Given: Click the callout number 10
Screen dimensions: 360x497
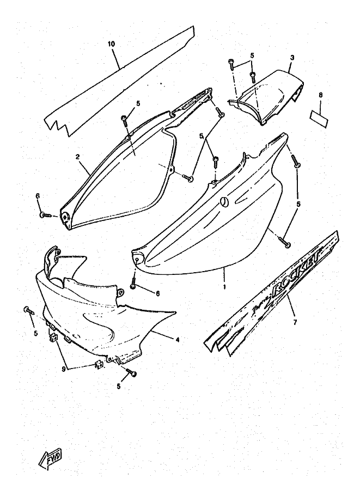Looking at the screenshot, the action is [x=111, y=43].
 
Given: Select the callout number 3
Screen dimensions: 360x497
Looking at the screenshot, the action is [x=292, y=57].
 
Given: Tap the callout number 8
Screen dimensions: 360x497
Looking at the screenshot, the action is [x=320, y=95].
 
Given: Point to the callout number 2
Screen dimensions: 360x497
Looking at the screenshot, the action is [x=78, y=157].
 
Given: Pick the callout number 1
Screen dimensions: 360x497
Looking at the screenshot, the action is [x=224, y=286].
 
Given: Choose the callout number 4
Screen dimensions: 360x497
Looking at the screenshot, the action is [x=178, y=339].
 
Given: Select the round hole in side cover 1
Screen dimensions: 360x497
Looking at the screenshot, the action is [x=223, y=202].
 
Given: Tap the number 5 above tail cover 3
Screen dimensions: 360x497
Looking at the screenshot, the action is [x=252, y=56].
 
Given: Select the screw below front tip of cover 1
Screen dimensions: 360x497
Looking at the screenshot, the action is [x=134, y=284].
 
